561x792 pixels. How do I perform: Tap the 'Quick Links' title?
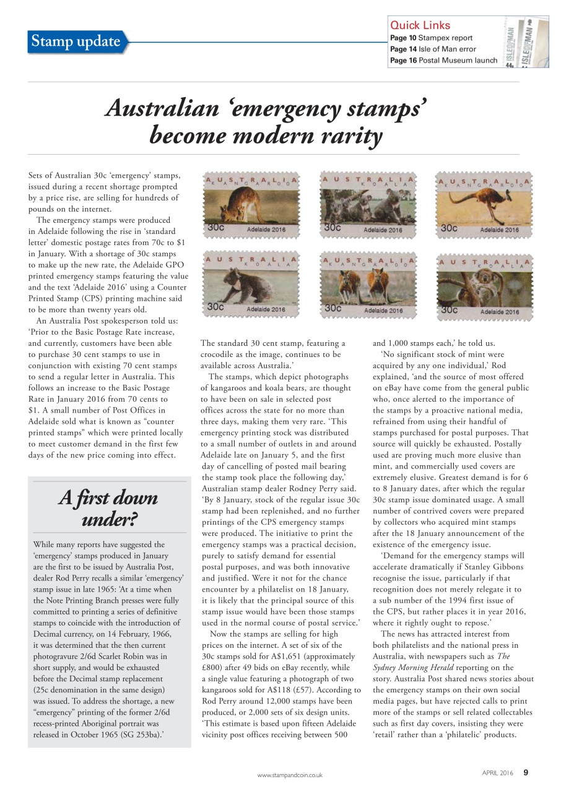pyautogui.click(x=420, y=25)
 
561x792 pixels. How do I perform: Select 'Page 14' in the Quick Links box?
pyautogui.click(x=403, y=49)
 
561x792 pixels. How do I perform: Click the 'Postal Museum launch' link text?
pyautogui.click(x=458, y=60)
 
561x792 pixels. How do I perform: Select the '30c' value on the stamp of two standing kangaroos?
pyautogui.click(x=333, y=308)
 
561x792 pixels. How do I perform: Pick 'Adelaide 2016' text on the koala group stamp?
pyautogui.click(x=383, y=230)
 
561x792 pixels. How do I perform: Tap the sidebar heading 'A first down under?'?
pyautogui.click(x=108, y=508)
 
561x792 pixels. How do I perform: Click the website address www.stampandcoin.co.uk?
pyautogui.click(x=290, y=775)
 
